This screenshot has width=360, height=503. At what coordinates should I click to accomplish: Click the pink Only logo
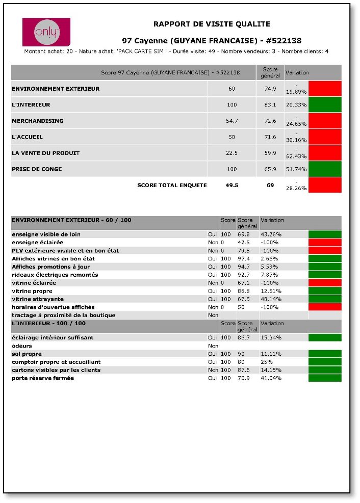[46, 32]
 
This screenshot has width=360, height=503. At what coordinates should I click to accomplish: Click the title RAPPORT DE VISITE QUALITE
[212, 24]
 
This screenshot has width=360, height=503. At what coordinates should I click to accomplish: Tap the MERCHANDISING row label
[38, 121]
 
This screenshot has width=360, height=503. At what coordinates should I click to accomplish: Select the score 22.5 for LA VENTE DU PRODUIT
[232, 153]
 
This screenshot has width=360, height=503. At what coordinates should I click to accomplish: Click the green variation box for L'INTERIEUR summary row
[325, 104]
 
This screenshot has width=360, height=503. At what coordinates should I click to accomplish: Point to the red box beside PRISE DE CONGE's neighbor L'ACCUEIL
[325, 137]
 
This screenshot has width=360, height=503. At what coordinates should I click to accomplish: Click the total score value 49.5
[232, 185]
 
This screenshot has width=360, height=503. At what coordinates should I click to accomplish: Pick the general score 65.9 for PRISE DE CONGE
[270, 169]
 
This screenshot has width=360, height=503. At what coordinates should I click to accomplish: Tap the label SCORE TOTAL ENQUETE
[172, 185]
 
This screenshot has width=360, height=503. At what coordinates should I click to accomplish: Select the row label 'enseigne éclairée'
[37, 242]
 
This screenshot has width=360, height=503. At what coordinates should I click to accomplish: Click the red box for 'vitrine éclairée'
[325, 282]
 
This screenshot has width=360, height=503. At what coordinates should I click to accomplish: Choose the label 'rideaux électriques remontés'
[55, 275]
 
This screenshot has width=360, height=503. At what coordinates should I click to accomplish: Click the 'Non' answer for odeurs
[213, 346]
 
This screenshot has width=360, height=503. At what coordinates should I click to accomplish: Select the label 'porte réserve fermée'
[43, 378]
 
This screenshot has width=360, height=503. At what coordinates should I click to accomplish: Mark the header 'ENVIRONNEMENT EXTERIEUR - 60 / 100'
[71, 220]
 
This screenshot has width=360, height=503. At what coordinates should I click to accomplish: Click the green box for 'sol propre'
[325, 354]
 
